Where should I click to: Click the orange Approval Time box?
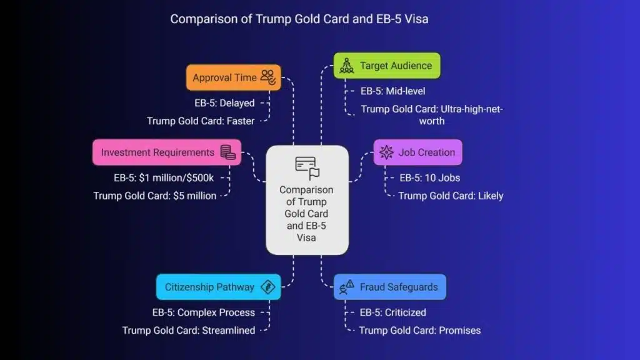tap(233, 78)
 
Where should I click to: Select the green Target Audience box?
tap(387, 66)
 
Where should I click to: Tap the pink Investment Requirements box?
tap(167, 152)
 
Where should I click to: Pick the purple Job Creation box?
tap(418, 152)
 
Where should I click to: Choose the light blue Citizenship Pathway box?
tap(218, 287)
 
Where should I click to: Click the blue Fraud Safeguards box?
tap(390, 287)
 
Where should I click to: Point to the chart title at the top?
tap(299, 19)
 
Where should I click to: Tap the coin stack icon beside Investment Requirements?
tap(228, 152)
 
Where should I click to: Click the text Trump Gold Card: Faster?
tap(201, 121)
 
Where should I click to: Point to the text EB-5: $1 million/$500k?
tap(164, 177)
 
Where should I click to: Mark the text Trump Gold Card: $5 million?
tap(155, 196)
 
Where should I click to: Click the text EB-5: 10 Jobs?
tap(429, 177)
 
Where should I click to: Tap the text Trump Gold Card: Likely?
tap(451, 196)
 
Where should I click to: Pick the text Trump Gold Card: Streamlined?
tap(189, 330)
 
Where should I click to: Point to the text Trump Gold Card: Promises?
tap(420, 330)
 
